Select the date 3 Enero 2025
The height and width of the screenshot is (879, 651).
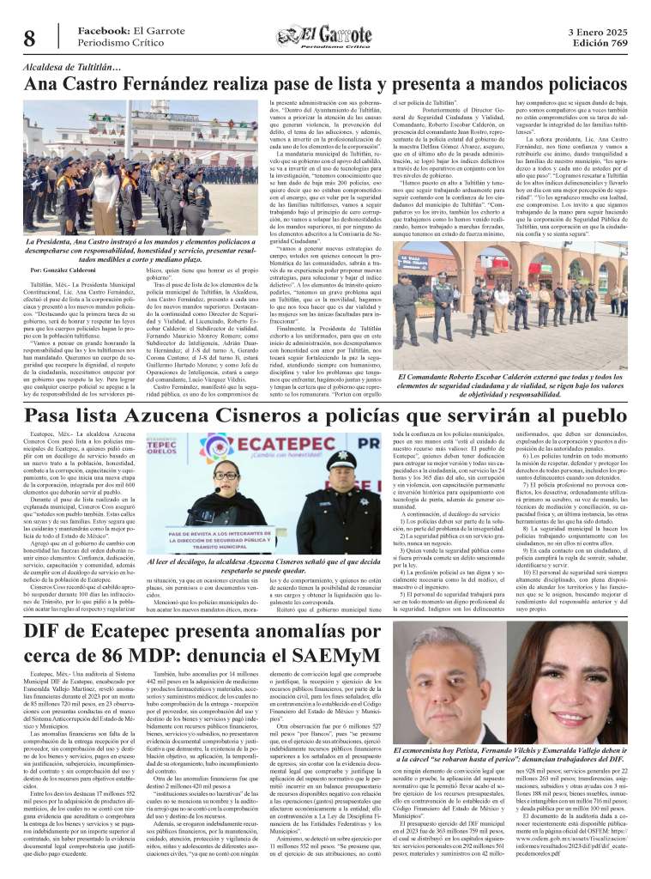tap(597, 30)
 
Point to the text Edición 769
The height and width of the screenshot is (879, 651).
tap(598, 43)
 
